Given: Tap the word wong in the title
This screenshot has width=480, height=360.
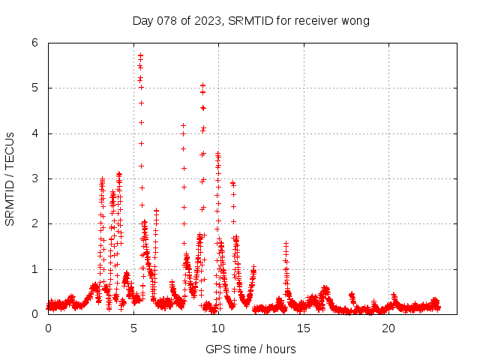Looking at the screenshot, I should click(355, 20).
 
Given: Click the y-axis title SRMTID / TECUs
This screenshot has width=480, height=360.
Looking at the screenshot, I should click(10, 178).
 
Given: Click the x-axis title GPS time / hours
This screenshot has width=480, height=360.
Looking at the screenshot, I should click(250, 349).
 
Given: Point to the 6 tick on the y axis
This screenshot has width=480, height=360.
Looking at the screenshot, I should click(34, 43).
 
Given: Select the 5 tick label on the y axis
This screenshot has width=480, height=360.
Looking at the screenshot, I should click(34, 88).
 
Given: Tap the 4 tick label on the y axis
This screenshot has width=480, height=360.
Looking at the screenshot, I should click(34, 133).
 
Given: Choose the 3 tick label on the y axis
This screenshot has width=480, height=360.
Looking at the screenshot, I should click(34, 178).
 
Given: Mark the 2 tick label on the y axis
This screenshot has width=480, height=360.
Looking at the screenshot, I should click(34, 223).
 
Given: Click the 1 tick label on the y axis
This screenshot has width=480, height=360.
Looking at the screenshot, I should click(34, 269).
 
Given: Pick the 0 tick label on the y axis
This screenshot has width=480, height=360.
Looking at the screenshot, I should click(34, 314).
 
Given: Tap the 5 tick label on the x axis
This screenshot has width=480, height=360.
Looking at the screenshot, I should click(133, 328).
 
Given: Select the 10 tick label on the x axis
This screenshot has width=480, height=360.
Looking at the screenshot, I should click(218, 328).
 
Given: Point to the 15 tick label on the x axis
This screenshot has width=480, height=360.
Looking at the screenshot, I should click(304, 328).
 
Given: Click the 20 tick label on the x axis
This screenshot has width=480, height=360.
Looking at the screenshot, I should click(388, 328).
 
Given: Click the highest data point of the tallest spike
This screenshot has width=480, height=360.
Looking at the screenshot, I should click(140, 55).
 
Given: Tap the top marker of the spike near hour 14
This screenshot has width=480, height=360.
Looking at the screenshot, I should click(286, 243).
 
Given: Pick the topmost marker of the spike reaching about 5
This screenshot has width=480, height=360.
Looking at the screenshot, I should click(202, 85).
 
